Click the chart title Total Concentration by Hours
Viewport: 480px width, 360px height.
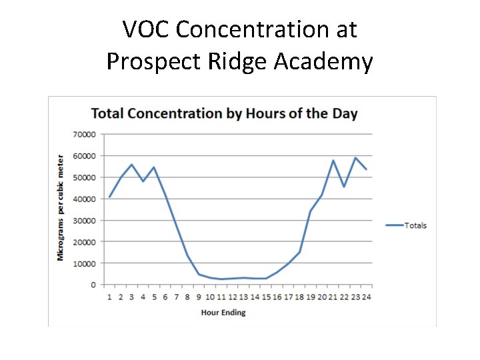224,113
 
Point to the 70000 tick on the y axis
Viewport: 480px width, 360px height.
85,134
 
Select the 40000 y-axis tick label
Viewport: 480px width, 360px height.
85,199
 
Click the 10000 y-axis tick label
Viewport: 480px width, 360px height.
85,263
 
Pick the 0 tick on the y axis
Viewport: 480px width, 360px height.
94,285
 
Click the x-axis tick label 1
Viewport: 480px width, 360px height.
109,297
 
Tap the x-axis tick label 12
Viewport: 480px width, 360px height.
232,297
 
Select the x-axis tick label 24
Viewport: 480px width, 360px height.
366,297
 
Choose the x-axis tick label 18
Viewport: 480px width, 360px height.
299,297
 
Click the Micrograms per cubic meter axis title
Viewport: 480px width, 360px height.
61,208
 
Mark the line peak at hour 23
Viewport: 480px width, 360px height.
355,158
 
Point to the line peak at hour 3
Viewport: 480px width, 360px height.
132,164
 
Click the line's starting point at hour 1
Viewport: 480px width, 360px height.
109,197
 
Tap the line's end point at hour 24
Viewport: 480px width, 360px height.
366,169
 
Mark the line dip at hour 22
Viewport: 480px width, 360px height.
344,186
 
